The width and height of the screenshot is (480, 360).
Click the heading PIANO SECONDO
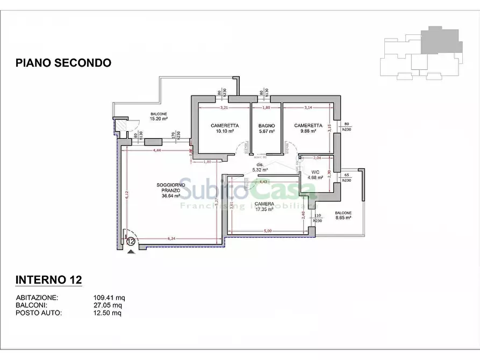tap(63, 63)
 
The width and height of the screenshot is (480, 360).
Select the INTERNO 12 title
tap(48, 280)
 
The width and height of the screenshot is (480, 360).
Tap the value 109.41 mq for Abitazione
tap(109, 298)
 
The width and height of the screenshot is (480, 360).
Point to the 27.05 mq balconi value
tap(108, 306)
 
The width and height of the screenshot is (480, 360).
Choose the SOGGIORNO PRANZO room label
tap(171, 190)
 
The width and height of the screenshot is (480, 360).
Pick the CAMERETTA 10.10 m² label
tap(224, 128)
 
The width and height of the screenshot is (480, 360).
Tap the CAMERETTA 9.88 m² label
tap(308, 128)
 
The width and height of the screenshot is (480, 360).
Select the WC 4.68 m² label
tap(315, 175)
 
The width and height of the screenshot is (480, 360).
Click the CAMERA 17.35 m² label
tap(264, 206)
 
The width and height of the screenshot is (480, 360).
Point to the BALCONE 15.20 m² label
tap(159, 117)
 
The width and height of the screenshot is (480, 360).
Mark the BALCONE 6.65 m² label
tap(342, 215)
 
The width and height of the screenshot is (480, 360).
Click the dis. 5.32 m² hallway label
tap(260, 167)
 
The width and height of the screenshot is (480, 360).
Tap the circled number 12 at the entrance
tap(131, 241)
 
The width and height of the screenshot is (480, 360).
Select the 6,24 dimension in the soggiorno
tap(172, 239)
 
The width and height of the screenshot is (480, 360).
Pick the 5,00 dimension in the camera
tap(268, 231)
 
